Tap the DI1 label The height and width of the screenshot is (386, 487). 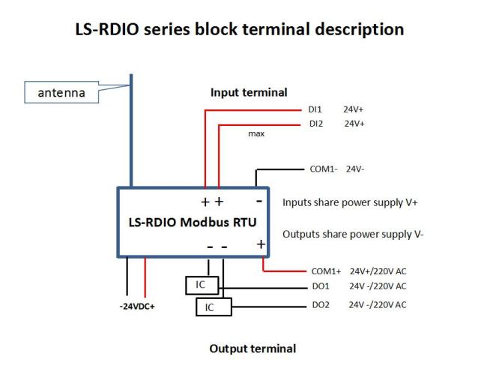point(315,109)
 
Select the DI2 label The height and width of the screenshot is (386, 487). point(316,124)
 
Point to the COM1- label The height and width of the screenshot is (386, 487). point(324,169)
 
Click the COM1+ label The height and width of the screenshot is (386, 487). point(326,271)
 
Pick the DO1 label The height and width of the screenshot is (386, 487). point(321,286)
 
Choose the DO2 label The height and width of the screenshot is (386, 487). point(321,305)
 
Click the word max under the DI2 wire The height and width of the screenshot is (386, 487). point(256,133)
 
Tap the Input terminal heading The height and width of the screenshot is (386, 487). point(249,92)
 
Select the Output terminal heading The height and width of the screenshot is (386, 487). point(252,349)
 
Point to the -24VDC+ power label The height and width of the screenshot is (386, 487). point(137,307)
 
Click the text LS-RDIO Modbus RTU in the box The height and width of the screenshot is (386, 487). point(193,222)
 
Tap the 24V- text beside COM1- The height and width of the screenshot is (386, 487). point(355,169)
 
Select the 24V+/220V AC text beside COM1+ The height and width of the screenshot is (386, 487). point(378,271)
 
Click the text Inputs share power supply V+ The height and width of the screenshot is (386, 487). point(350,202)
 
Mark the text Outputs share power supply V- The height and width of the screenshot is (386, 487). point(353,234)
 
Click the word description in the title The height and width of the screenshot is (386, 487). point(360,30)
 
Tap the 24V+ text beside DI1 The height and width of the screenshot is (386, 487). point(354,109)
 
